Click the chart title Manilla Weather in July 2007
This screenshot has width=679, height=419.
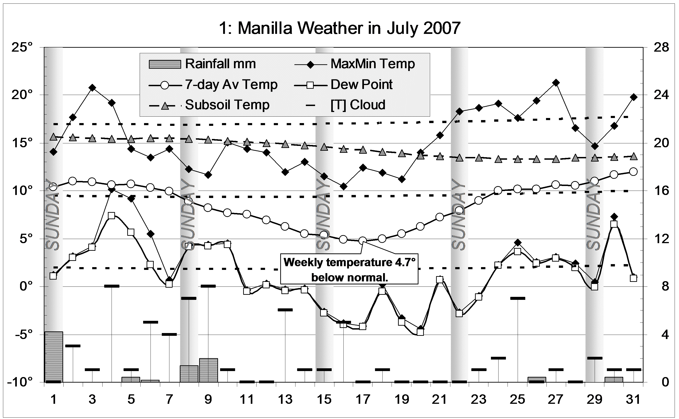[x=339, y=28]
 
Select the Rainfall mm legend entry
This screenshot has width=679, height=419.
[x=202, y=64]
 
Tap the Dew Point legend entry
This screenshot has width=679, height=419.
[x=344, y=85]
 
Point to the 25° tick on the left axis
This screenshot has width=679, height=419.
[x=22, y=47]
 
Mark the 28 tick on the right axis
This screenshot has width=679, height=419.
[x=661, y=47]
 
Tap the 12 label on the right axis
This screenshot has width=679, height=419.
[x=661, y=239]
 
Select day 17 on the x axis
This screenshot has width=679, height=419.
[x=363, y=400]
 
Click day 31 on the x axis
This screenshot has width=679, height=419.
[x=634, y=400]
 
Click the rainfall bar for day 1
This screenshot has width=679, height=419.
[x=54, y=357]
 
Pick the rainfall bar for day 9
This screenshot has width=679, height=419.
[x=208, y=370]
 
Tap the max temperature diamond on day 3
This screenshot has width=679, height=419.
[x=92, y=88]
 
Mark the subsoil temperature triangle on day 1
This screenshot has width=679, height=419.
[x=54, y=137]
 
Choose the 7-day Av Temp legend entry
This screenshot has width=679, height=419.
[x=213, y=85]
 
